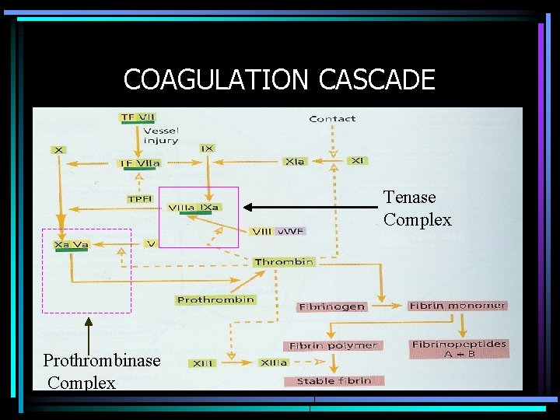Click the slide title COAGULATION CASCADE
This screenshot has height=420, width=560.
(x=278, y=79)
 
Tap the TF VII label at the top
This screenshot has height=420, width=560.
(x=137, y=117)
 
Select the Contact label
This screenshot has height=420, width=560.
(x=332, y=119)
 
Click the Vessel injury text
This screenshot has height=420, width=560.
(x=161, y=135)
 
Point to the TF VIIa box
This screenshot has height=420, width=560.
(x=139, y=163)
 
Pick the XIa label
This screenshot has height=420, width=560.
(x=295, y=161)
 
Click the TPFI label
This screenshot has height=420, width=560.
(x=140, y=199)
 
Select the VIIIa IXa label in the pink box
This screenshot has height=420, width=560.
(x=194, y=208)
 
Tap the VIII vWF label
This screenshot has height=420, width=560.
(x=278, y=231)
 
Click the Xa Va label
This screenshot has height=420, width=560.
(x=71, y=245)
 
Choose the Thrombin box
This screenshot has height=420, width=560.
(x=283, y=262)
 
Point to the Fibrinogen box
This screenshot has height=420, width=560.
(x=332, y=306)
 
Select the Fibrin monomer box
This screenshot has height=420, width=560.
(x=457, y=306)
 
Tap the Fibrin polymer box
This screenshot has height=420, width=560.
(x=333, y=345)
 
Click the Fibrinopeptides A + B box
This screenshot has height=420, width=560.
(x=459, y=348)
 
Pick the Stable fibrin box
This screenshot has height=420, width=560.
(x=334, y=380)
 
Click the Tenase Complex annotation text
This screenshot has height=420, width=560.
(x=417, y=208)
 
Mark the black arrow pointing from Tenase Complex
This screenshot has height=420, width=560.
(x=311, y=207)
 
